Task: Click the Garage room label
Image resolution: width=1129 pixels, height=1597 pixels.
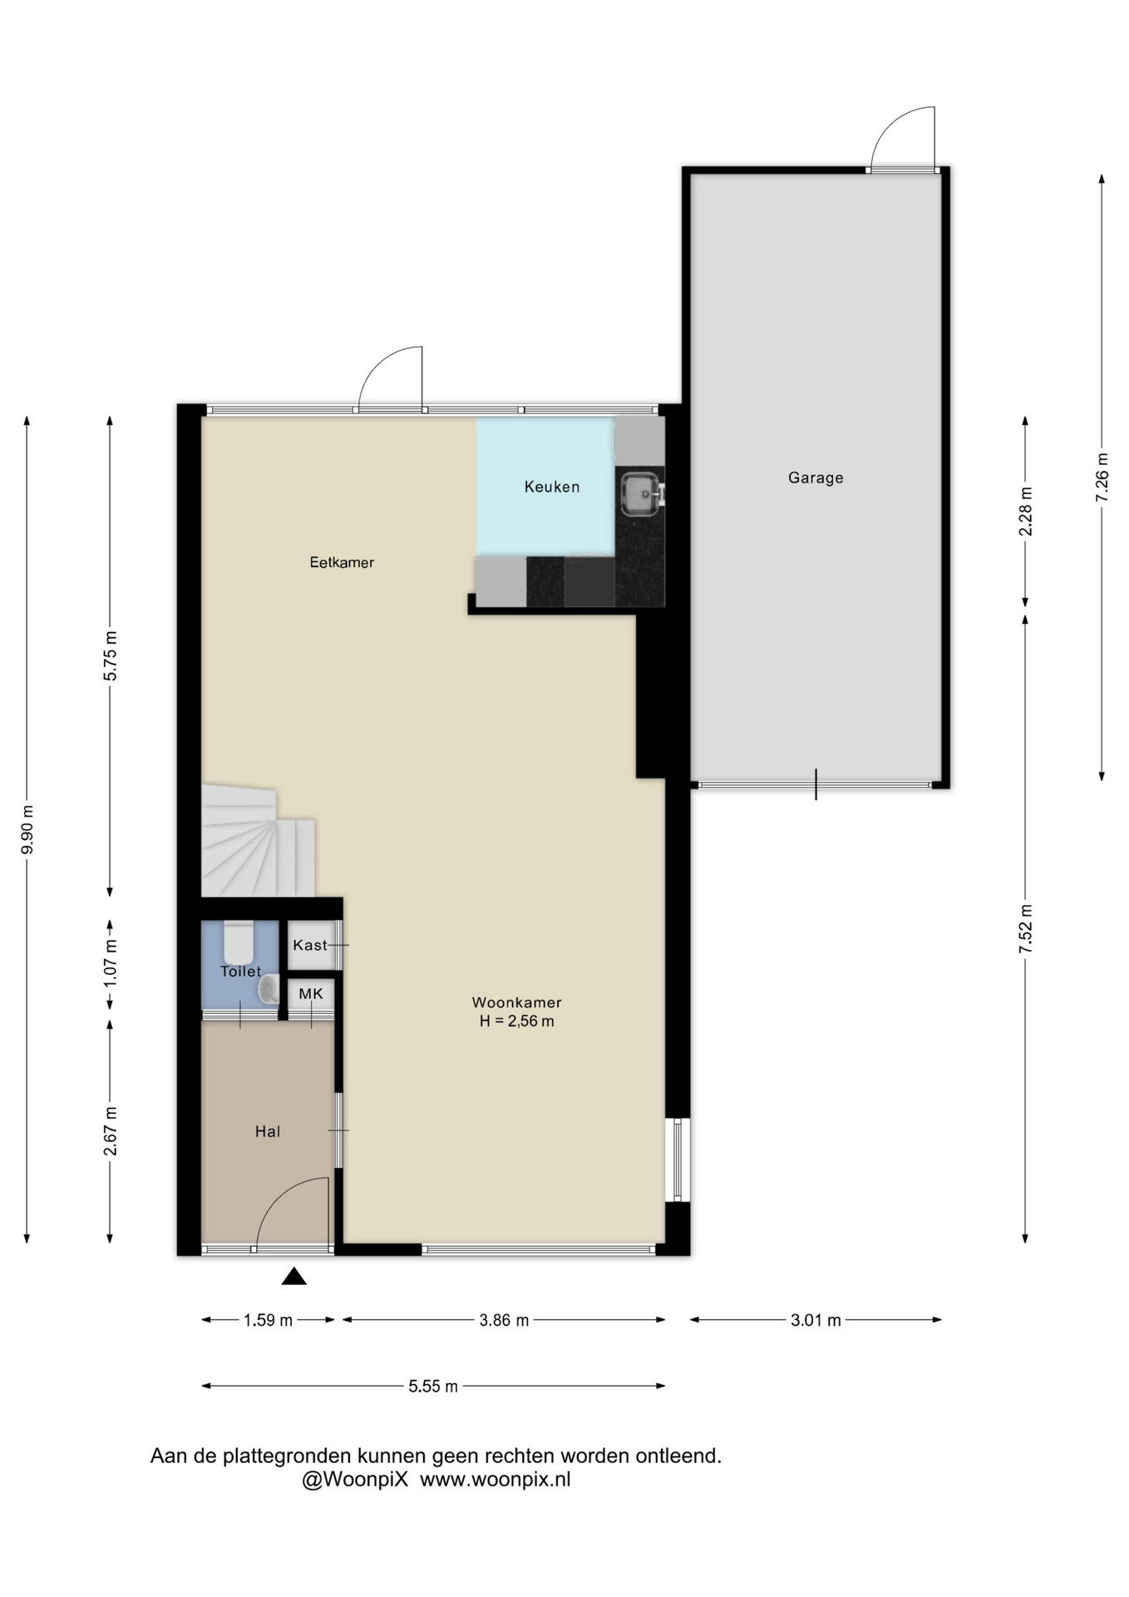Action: pos(816,477)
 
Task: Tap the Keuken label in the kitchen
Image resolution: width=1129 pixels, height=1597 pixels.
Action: pos(552,487)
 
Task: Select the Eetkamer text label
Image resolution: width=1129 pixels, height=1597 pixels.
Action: pos(342,562)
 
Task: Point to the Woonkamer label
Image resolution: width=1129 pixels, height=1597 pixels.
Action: pos(517,1002)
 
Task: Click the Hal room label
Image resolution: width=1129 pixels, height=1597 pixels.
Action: pos(268,1131)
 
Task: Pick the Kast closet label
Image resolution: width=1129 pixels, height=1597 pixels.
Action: pos(309,945)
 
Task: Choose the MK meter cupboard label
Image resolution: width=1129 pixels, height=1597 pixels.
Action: pos(311,993)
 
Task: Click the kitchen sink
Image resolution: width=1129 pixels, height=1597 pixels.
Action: pos(641,492)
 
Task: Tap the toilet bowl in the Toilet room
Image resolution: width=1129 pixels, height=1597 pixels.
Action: pos(239,941)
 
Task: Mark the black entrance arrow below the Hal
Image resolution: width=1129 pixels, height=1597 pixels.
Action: pos(293,1276)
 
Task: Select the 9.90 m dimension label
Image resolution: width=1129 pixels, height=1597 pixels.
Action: pos(27,829)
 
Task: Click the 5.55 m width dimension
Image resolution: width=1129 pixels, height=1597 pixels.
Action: pos(433,1386)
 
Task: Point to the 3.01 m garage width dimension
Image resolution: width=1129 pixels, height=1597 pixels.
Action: pos(816,1320)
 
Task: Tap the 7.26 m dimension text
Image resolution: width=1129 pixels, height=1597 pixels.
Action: pos(1102,476)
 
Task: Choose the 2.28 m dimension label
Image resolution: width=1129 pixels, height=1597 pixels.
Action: pos(1026,511)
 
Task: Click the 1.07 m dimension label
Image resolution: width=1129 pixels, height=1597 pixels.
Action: pos(111,963)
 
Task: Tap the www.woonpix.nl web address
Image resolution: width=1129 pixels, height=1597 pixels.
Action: pos(495,1480)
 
